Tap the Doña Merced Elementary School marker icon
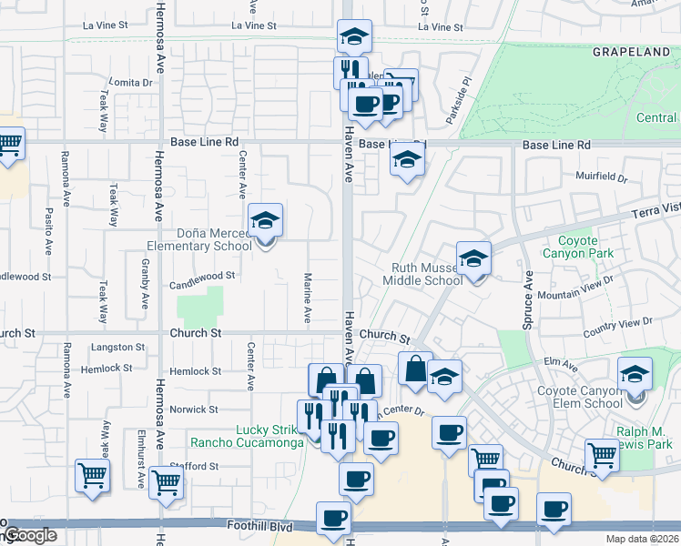[265, 221]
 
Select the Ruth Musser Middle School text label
[427, 274]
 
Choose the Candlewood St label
[202, 274]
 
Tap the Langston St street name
[118, 348]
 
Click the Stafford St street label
[196, 467]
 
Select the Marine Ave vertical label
[308, 298]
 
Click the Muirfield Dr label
[602, 176]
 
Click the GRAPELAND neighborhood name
[631, 53]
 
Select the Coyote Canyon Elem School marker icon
[635, 375]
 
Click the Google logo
[29, 535]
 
